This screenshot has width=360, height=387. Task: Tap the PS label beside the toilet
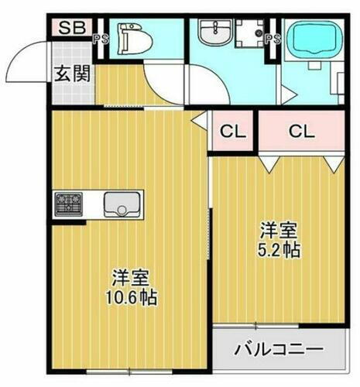(x=99, y=38)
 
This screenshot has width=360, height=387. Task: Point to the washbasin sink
(x=211, y=36)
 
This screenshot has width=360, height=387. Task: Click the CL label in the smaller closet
(x=233, y=132)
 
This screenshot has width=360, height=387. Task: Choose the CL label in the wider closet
(x=303, y=132)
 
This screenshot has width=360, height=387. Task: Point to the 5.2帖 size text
(x=279, y=251)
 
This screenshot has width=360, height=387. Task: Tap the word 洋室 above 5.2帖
(x=279, y=231)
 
